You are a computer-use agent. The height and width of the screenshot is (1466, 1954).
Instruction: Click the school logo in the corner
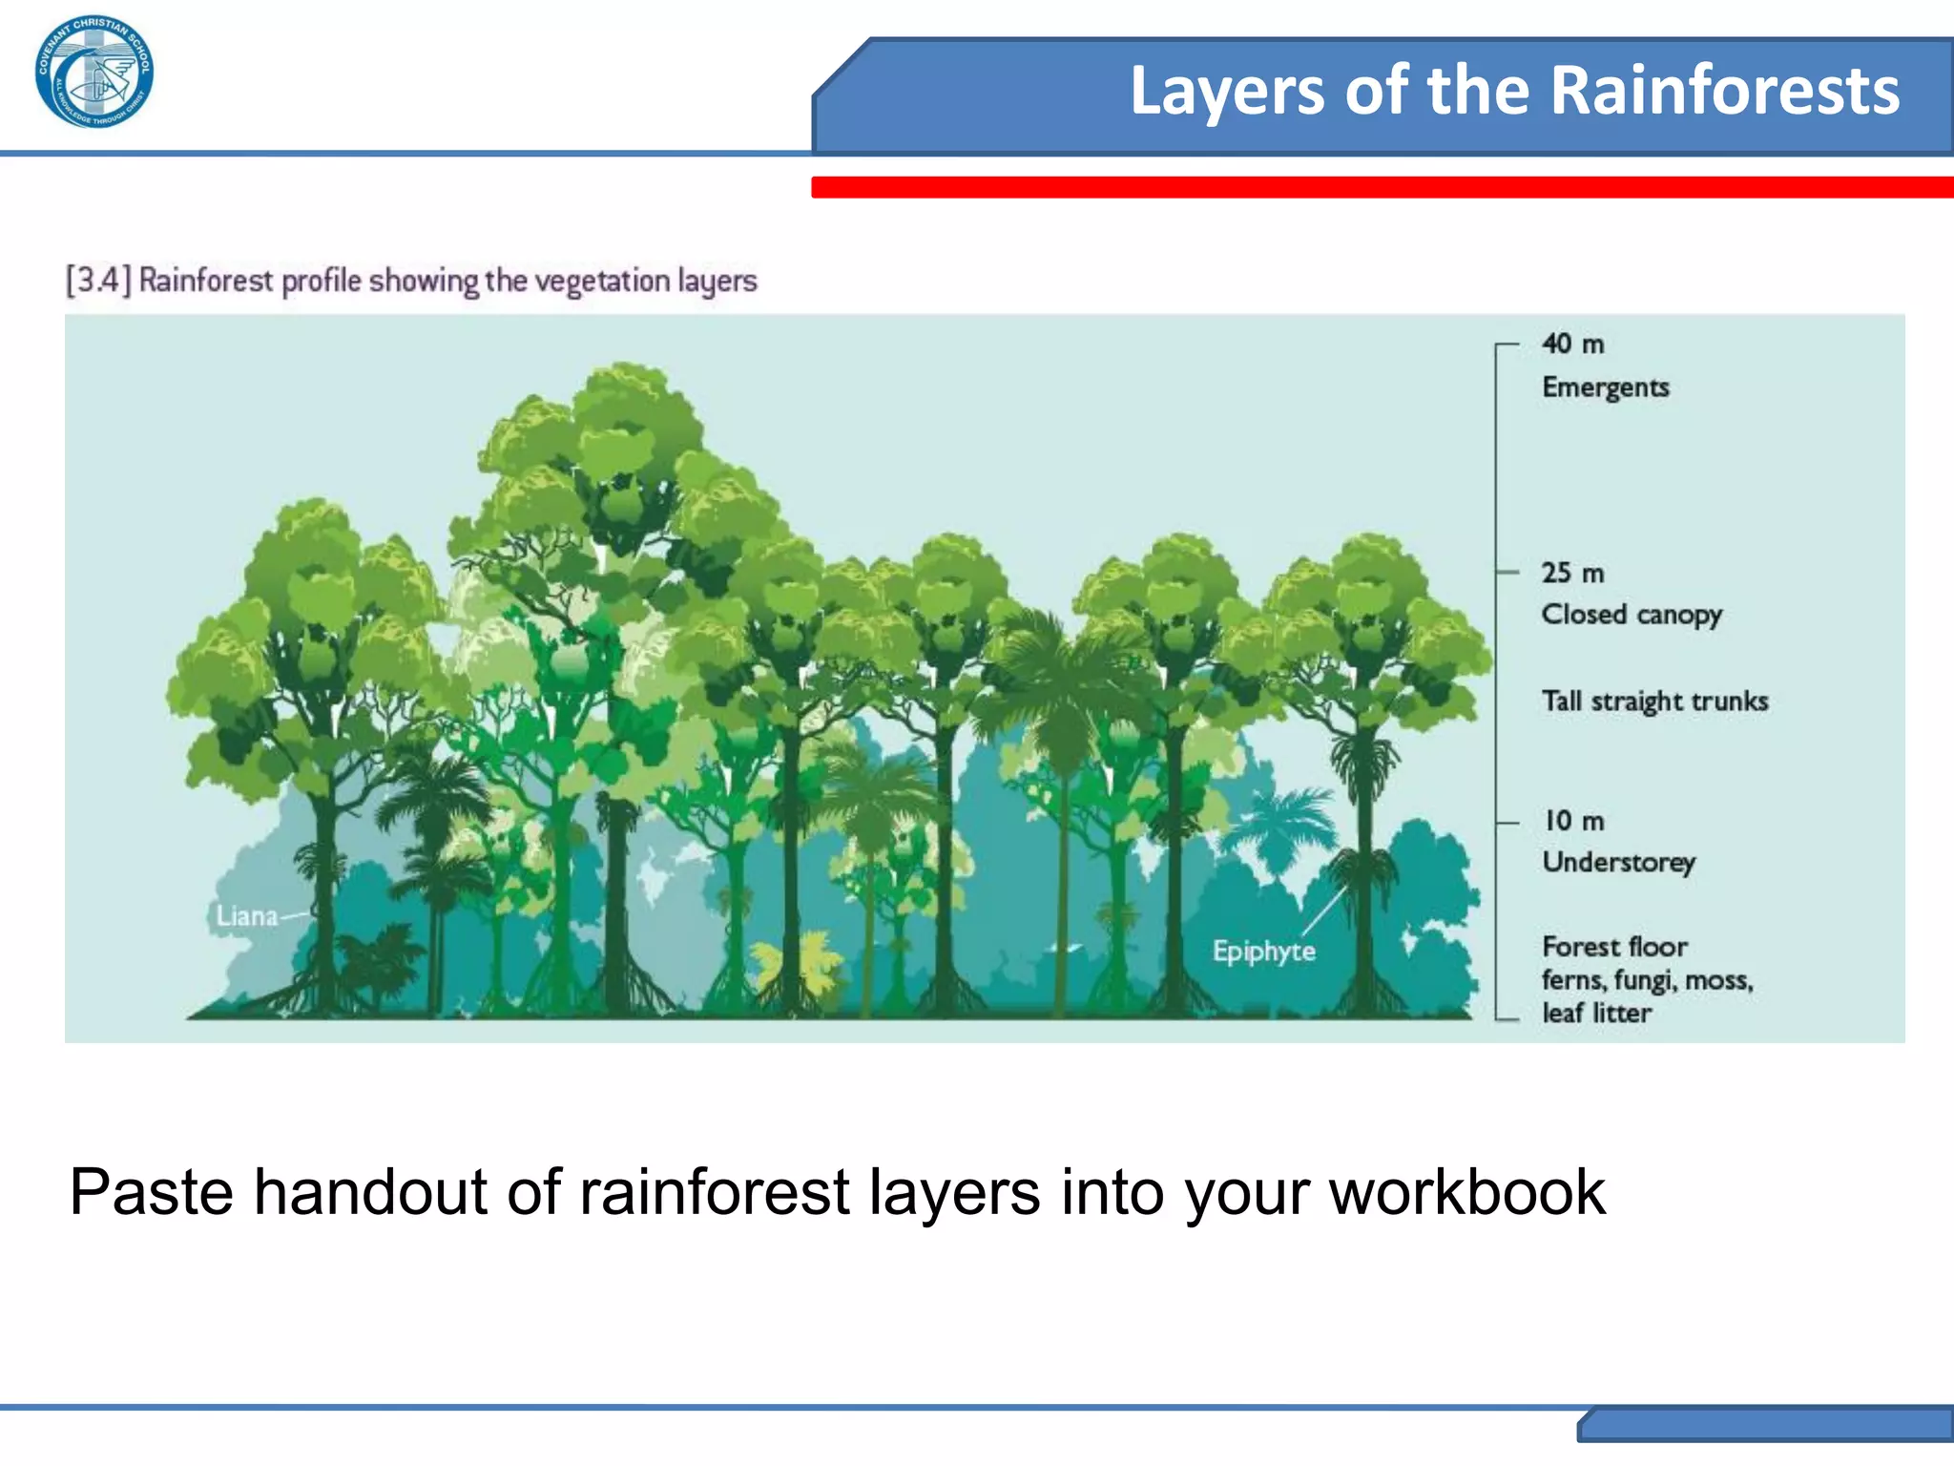(94, 73)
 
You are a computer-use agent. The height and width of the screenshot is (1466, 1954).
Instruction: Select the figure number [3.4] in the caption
(96, 281)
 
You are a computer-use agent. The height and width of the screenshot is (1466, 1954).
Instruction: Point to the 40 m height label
(1572, 344)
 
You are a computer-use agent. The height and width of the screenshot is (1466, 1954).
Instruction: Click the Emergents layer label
(1605, 387)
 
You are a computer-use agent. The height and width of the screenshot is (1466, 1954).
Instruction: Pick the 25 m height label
(1572, 573)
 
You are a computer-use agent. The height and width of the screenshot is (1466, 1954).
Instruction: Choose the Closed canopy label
(1632, 615)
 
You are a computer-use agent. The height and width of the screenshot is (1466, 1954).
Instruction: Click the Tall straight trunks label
(1654, 702)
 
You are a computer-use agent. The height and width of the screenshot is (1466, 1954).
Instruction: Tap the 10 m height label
(1574, 821)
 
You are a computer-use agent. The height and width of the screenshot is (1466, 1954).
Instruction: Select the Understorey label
(1618, 862)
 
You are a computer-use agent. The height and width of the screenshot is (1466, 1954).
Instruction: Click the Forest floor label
(1614, 947)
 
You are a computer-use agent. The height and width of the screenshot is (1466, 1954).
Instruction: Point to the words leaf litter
(1596, 1013)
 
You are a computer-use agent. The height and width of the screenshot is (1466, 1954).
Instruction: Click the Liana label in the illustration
(246, 916)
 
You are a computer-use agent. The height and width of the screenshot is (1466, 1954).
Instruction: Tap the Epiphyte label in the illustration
(1263, 951)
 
